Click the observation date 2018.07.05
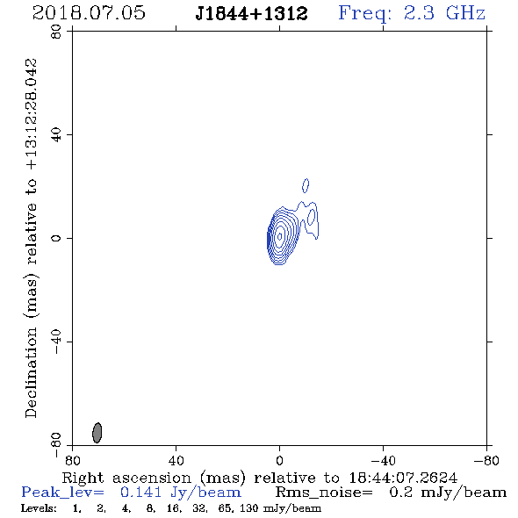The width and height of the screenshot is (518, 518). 89,13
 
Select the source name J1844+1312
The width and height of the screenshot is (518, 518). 251,14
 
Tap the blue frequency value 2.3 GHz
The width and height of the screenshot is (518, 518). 444,13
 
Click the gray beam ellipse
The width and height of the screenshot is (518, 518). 97,433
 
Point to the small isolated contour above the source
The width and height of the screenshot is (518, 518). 306,185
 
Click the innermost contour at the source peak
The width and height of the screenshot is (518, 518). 279,236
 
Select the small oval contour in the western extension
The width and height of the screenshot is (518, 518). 311,217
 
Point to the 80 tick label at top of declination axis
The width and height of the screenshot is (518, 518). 56,32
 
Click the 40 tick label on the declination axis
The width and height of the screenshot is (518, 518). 56,135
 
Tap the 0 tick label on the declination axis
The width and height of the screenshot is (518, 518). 56,238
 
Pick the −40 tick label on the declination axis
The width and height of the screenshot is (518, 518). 56,342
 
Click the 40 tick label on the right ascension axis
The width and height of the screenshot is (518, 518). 176,461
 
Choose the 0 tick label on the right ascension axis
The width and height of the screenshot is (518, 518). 279,461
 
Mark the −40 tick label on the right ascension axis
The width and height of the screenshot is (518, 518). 383,461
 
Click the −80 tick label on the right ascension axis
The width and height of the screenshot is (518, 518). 486,461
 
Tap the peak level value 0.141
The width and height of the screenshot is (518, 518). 140,493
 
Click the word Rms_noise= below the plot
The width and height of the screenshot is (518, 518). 324,493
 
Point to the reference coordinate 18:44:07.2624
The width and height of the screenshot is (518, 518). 403,478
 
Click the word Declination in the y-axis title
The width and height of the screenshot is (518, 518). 31,373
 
